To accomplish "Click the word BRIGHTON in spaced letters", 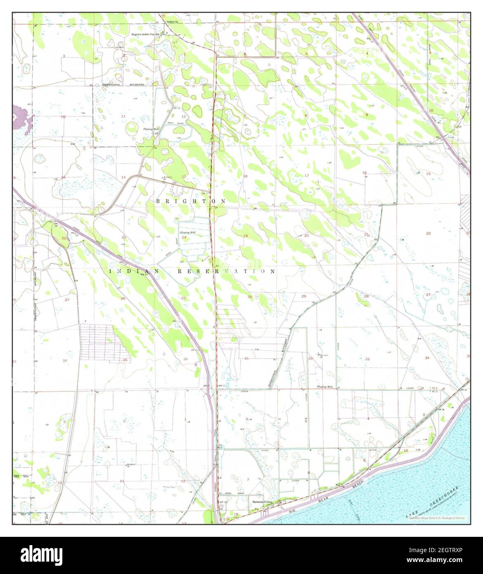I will (x=191, y=201).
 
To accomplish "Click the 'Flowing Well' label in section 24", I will (x=187, y=233).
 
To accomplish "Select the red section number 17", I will (x=306, y=176).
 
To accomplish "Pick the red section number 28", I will (x=366, y=296).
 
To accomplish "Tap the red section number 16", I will (x=365, y=173).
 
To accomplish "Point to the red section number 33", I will (x=367, y=359).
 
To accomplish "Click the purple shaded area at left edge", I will (x=19, y=118).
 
